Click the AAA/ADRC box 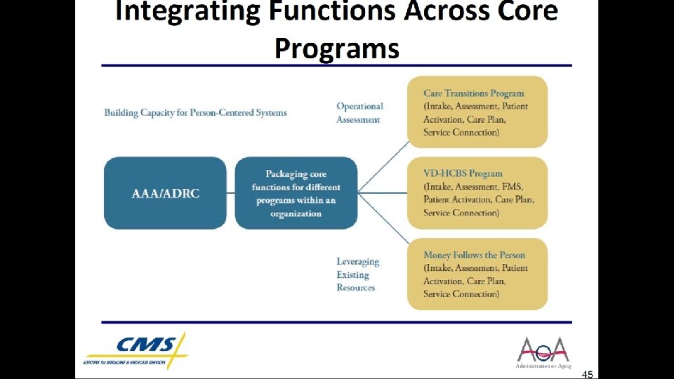coord(165,193)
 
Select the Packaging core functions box coord(296,193)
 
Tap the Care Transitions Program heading coord(474,93)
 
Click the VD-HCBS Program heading coord(463,173)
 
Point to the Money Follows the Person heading coord(474,255)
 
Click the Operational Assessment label coord(359,113)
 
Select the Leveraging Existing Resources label coord(357,274)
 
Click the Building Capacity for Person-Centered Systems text coord(195,112)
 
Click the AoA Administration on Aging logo coord(543,352)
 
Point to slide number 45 coord(587,374)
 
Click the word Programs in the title coord(336,48)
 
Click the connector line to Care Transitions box coord(384,166)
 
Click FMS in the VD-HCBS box coord(513,187)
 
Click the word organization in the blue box coord(296,213)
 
